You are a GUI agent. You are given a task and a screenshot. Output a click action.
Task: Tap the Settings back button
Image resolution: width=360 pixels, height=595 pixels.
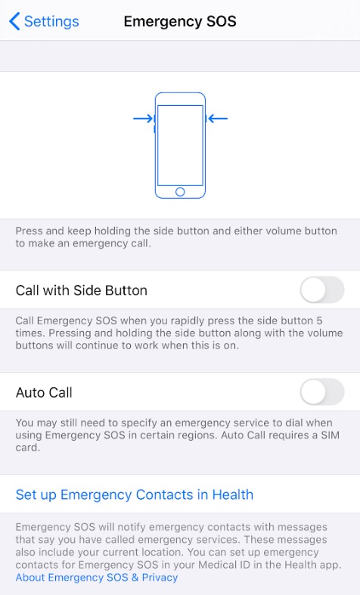[44, 21]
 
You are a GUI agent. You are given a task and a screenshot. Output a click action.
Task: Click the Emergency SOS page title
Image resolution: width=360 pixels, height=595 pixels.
[180, 21]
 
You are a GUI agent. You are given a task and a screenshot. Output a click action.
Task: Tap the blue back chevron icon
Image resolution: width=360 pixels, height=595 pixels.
[14, 21]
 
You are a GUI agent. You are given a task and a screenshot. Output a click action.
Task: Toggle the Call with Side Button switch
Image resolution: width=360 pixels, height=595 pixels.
[322, 290]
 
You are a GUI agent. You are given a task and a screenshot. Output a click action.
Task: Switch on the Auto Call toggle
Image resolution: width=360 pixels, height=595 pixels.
[322, 392]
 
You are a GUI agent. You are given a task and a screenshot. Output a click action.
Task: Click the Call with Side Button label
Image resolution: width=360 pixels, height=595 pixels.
[81, 290]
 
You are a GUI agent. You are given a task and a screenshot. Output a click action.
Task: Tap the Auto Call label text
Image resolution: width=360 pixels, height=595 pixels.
[44, 392]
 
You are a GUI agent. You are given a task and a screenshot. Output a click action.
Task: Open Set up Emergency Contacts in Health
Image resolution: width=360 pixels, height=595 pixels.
[135, 494]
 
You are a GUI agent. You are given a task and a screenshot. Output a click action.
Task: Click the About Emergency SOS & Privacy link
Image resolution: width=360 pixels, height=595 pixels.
[97, 578]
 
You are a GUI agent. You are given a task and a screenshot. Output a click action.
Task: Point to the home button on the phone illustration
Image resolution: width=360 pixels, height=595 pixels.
[180, 191]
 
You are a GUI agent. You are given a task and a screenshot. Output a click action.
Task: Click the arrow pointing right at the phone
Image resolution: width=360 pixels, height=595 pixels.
[143, 119]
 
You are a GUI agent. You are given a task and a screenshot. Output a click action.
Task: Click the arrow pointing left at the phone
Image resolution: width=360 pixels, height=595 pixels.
[218, 119]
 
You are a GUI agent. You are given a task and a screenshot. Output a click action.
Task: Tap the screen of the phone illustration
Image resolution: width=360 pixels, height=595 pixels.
[180, 145]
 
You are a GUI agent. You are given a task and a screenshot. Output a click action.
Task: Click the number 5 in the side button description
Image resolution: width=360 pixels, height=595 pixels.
[319, 321]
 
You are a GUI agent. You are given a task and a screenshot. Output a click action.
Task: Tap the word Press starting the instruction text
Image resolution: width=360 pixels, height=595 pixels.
[29, 231]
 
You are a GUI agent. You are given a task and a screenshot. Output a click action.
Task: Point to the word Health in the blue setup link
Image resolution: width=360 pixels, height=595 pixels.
[232, 494]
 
